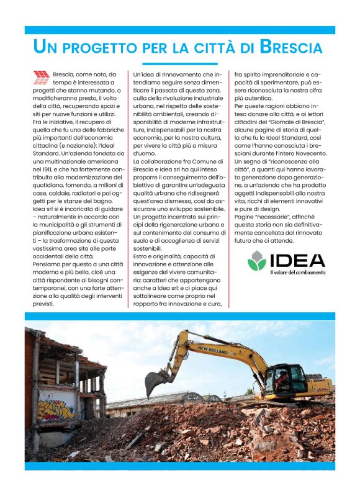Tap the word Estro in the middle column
tap(143, 256)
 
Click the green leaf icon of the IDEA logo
tap(257, 260)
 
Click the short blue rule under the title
tap(179, 63)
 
